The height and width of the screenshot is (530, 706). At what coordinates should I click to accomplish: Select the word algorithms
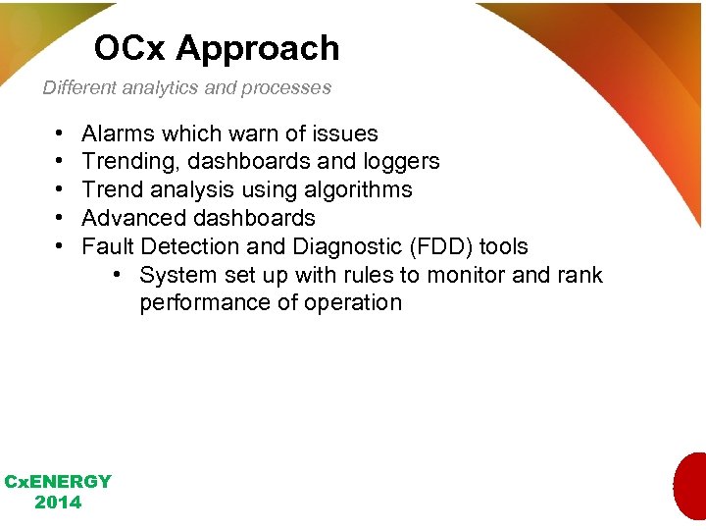click(x=358, y=189)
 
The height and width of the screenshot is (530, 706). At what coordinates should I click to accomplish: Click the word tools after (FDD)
click(x=503, y=246)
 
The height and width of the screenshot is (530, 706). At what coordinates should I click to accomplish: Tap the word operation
click(x=353, y=302)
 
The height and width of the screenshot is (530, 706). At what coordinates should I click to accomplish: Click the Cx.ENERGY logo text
click(x=58, y=482)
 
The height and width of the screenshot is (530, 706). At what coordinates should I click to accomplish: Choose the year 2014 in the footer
click(x=58, y=503)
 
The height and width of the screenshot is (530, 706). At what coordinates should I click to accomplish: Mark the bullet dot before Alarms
click(x=60, y=133)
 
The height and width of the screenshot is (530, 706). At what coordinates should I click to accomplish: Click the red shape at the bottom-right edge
click(x=691, y=486)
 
